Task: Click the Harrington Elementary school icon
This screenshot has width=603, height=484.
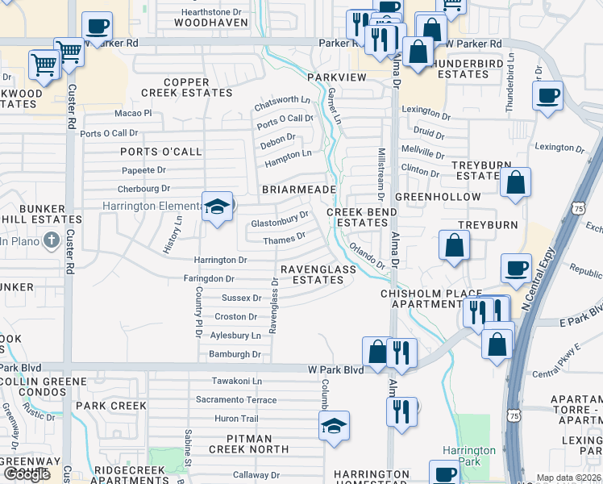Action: (217, 207)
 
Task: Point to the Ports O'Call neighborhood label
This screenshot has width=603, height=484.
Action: (160, 152)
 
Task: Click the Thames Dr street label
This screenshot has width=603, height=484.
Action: (285, 239)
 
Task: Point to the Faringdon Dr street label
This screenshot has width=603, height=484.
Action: (209, 278)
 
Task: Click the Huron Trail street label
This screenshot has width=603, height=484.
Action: (236, 419)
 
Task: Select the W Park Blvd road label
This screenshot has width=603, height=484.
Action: (336, 369)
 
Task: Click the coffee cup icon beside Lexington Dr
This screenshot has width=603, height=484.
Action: (547, 96)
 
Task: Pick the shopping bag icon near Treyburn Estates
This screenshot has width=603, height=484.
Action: (515, 182)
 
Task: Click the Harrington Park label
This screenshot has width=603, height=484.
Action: (468, 456)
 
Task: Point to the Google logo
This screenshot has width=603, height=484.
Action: (27, 474)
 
